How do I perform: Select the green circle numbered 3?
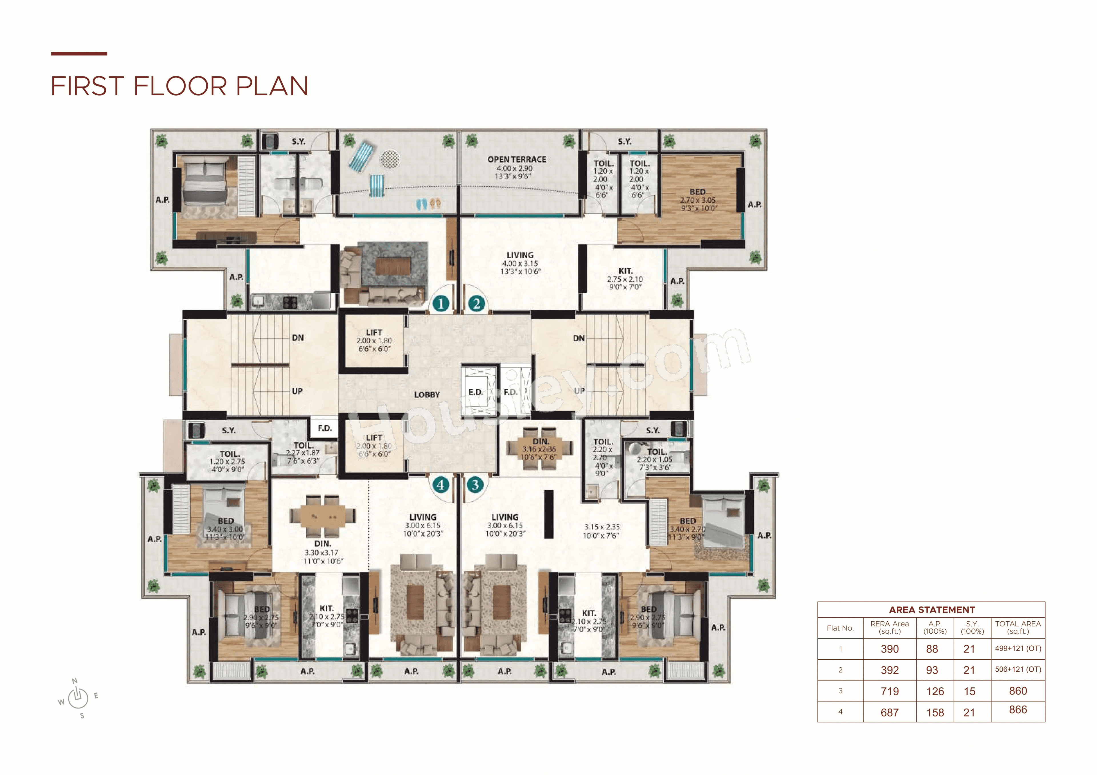pyautogui.click(x=475, y=485)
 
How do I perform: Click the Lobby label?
pyautogui.click(x=427, y=394)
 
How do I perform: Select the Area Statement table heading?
pyautogui.click(x=931, y=610)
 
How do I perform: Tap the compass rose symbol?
pyautogui.click(x=78, y=698)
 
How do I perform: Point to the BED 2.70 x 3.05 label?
pyautogui.click(x=698, y=200)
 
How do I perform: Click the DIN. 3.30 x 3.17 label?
pyautogui.click(x=323, y=552)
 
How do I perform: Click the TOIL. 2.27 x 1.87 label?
pyautogui.click(x=303, y=452)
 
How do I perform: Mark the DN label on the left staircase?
pyautogui.click(x=298, y=338)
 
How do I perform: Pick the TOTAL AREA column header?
pyautogui.click(x=1018, y=627)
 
